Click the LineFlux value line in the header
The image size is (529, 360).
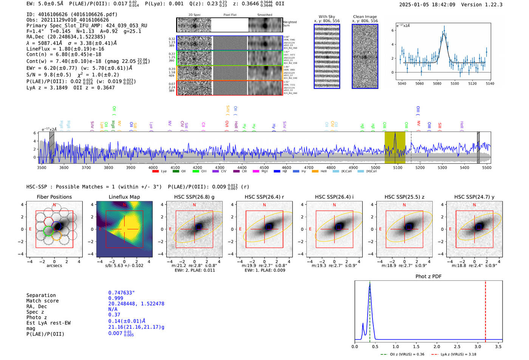click(x=65, y=49)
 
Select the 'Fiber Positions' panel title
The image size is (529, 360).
click(x=54, y=197)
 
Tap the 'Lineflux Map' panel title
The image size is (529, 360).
click(x=124, y=197)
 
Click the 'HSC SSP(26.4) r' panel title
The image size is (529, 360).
click(x=264, y=197)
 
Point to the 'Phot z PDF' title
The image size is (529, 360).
click(x=428, y=276)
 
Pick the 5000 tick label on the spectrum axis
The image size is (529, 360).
click(x=375, y=168)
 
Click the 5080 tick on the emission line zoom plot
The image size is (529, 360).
click(x=437, y=83)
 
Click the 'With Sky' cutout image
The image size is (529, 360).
click(x=327, y=56)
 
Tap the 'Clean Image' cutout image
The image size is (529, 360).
click(x=365, y=56)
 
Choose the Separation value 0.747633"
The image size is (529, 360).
click(x=121, y=293)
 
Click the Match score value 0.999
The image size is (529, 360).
click(x=116, y=298)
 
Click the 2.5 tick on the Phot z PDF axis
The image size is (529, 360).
click(x=457, y=346)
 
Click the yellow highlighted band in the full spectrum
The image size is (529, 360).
click(x=394, y=147)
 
